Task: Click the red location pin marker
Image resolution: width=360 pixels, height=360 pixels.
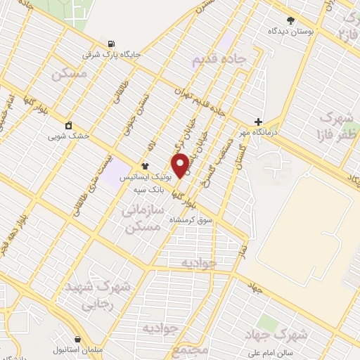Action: [x=180, y=165]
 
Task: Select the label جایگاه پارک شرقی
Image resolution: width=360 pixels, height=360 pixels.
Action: [x=112, y=53]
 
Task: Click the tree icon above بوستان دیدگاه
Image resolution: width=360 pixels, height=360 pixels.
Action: [x=291, y=20]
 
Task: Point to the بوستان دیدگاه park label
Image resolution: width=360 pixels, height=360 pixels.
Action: [x=291, y=31]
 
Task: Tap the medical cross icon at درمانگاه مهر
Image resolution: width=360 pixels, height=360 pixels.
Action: [x=259, y=122]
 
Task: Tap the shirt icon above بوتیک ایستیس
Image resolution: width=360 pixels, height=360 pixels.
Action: [x=145, y=167]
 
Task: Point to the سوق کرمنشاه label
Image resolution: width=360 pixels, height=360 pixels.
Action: [x=191, y=220]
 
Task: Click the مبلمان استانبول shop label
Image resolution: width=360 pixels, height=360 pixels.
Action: [x=79, y=349]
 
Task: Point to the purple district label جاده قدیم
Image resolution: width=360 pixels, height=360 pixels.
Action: [x=219, y=61]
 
